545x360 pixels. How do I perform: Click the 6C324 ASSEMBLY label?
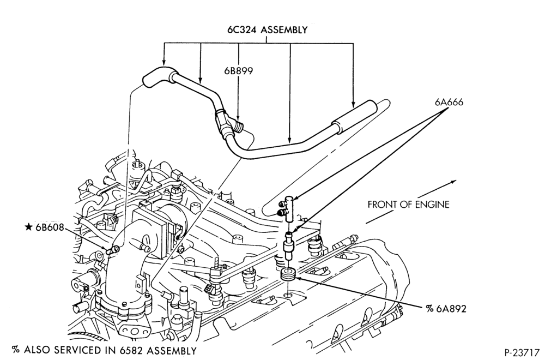[267, 30]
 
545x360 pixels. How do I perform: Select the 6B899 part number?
[239, 71]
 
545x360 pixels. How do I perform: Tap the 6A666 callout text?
[449, 102]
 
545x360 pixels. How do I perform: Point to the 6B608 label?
[50, 227]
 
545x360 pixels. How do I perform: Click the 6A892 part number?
[451, 309]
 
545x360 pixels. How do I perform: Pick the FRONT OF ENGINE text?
[408, 204]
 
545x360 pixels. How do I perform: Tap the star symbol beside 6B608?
[28, 227]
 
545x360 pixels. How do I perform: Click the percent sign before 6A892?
[429, 309]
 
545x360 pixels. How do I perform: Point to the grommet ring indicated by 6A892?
[288, 273]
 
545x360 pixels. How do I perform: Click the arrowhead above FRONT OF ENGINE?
[453, 182]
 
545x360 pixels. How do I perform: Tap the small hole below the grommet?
[288, 296]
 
